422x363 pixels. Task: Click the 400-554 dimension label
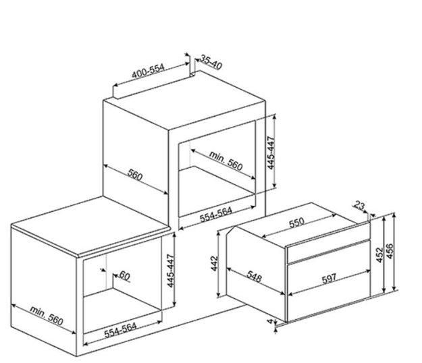[x=148, y=71]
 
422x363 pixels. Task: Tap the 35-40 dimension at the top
[x=211, y=63]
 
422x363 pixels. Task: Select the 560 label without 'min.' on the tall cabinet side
[x=135, y=175]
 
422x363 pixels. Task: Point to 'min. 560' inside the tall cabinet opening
[x=226, y=161]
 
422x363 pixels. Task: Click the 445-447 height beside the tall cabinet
[x=271, y=152]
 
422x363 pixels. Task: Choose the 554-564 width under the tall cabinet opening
[x=216, y=215]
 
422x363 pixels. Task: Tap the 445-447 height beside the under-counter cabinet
[x=172, y=271]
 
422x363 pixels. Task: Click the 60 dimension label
[x=125, y=275]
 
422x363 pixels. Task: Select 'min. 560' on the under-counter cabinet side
[x=47, y=316]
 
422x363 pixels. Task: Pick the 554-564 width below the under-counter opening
[x=120, y=330]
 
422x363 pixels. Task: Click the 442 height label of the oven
[x=215, y=264]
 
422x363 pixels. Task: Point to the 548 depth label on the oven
[x=254, y=277]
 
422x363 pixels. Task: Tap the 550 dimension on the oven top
[x=296, y=223]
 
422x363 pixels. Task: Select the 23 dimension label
[x=359, y=206]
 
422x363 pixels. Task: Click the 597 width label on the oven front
[x=329, y=278]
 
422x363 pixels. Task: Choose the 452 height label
[x=379, y=255]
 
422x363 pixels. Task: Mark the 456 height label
[x=390, y=251]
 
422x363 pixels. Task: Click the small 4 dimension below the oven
[x=270, y=320]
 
